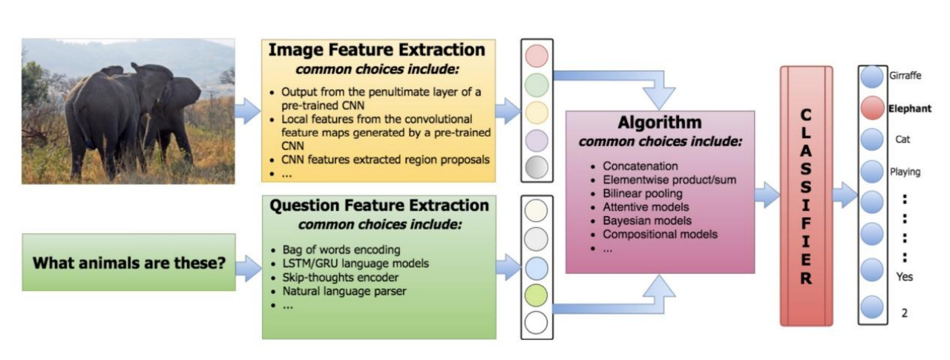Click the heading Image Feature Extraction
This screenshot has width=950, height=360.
[376, 50]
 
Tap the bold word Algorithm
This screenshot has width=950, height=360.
[659, 122]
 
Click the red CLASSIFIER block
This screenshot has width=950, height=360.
[806, 196]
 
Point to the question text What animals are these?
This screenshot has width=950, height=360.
[128, 262]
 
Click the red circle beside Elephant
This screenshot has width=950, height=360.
[871, 108]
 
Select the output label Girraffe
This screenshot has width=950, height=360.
[904, 76]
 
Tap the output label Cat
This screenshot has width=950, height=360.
[902, 140]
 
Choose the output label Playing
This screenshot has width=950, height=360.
[905, 171]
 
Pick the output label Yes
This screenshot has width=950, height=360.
[903, 277]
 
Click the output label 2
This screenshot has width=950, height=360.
[903, 312]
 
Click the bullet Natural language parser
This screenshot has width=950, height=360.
[344, 292]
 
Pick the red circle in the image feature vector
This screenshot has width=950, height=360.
[536, 56]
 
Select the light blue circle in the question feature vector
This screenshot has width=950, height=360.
[536, 268]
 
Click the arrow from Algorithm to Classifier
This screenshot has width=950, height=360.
[767, 196]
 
